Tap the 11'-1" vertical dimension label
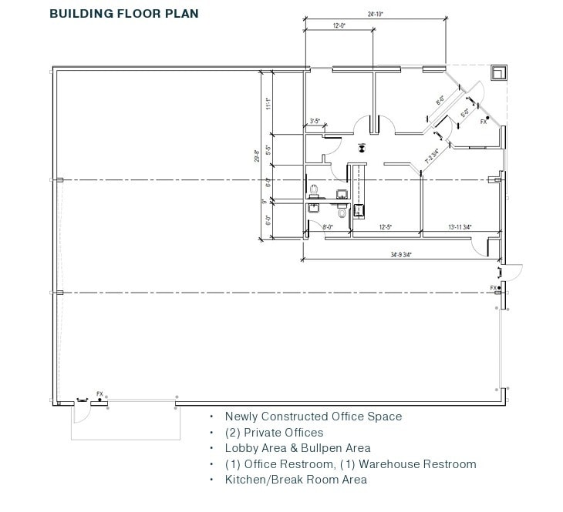[267, 102]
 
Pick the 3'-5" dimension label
[315, 121]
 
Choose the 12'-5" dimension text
[386, 227]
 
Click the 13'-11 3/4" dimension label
[460, 227]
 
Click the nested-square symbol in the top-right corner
[499, 72]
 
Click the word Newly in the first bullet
[240, 417]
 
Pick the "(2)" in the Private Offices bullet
[232, 433]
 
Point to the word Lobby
[240, 448]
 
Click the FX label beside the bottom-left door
[99, 394]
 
